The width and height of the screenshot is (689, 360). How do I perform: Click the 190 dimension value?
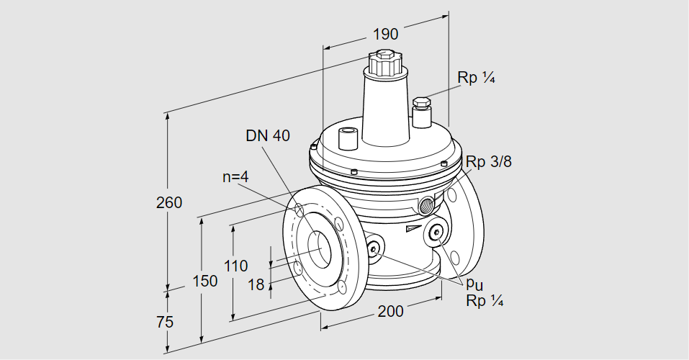385,34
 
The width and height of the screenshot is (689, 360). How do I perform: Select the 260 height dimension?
168,202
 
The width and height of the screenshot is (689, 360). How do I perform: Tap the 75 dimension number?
164,322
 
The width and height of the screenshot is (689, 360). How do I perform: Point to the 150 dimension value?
205,281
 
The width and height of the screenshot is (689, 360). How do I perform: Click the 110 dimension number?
235,265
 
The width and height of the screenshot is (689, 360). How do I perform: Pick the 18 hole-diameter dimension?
256,285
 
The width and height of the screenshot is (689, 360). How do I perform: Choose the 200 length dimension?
390,311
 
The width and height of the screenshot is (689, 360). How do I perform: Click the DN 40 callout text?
268,135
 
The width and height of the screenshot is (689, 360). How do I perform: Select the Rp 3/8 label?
488,162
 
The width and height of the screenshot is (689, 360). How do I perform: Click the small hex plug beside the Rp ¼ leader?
421,104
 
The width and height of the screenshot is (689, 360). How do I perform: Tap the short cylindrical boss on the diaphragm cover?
348,136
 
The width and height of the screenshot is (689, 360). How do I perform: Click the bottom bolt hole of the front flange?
341,289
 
